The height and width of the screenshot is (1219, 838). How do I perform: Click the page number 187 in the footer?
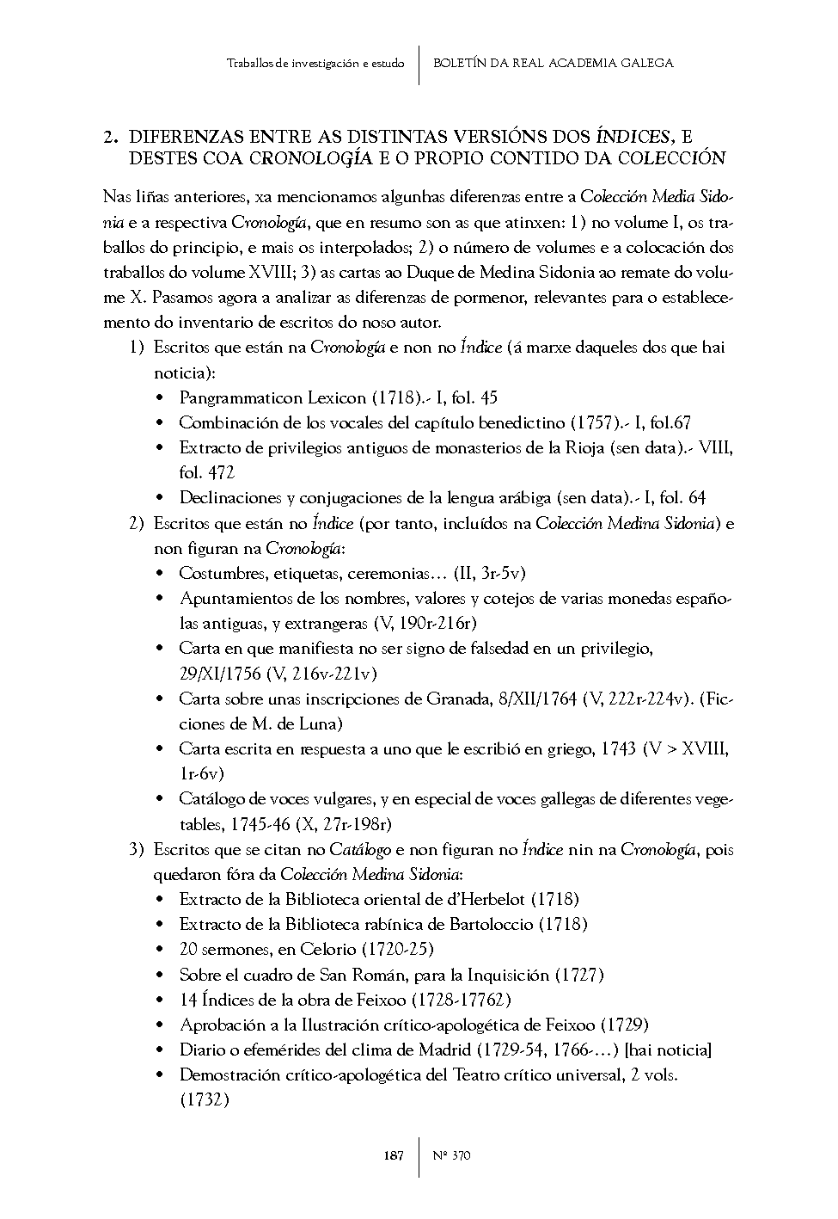tap(393, 1156)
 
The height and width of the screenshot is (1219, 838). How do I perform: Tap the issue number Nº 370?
tap(452, 1156)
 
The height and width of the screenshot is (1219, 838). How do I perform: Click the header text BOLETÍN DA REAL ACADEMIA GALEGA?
tap(553, 63)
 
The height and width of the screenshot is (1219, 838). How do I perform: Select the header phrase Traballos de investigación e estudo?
tap(315, 64)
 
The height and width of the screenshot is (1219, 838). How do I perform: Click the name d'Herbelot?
tap(481, 900)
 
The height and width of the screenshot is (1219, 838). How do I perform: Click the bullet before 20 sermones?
tap(161, 950)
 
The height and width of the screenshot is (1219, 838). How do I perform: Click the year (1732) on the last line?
tap(204, 1100)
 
